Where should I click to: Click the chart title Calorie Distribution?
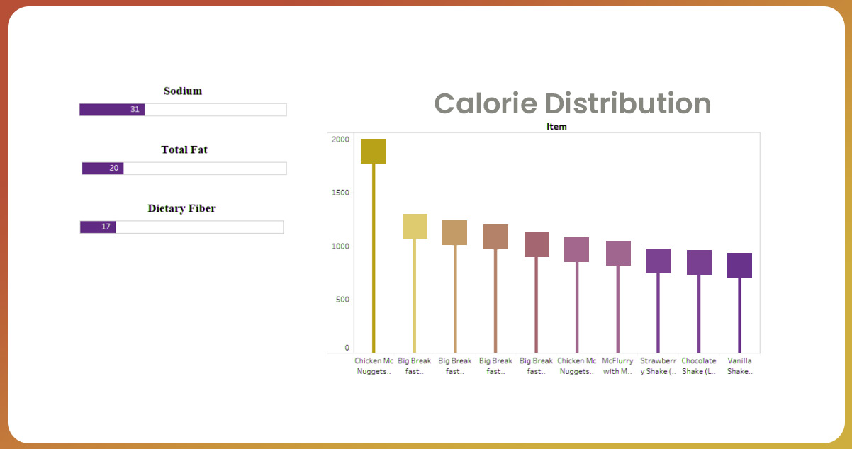(572, 103)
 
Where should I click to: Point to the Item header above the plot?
(556, 127)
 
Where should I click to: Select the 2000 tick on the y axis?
(340, 140)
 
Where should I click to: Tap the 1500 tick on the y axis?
(340, 193)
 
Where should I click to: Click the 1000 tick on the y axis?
(340, 246)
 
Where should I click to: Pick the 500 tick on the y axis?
(342, 300)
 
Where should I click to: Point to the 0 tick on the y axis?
(347, 348)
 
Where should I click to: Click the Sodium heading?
(183, 91)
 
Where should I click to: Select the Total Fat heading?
(184, 149)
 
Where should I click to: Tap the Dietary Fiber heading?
(181, 208)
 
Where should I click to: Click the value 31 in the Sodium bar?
(135, 110)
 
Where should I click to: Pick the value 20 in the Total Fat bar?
(114, 169)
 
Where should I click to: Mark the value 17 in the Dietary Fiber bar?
(106, 227)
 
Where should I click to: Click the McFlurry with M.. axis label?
(617, 366)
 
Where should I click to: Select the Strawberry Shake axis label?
(658, 366)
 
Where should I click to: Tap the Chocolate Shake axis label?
(699, 366)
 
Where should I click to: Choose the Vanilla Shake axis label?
(739, 366)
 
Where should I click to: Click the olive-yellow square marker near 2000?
(373, 151)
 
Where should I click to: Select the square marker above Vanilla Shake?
(739, 265)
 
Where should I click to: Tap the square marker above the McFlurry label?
(618, 253)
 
